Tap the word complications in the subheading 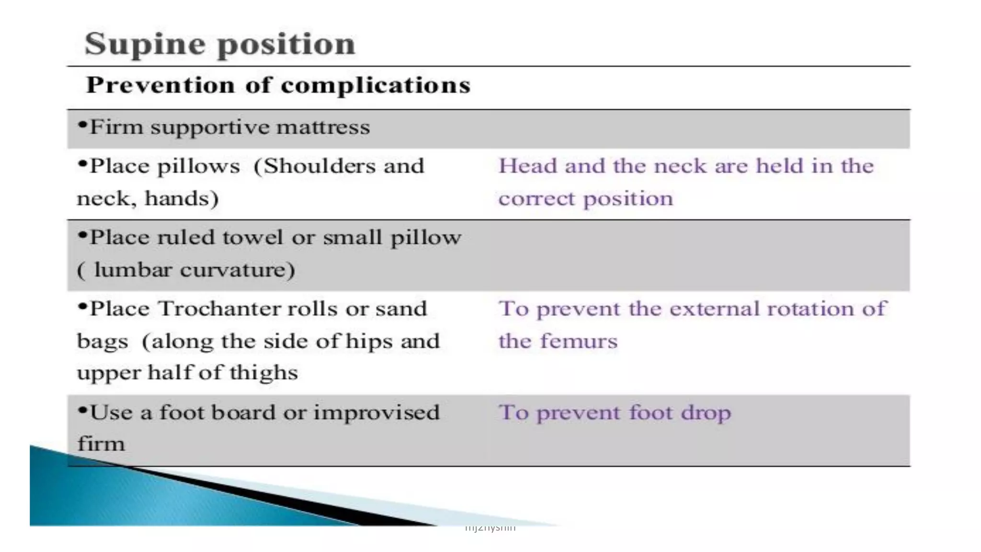376,85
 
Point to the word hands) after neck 182,198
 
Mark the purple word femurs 579,341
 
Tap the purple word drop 706,413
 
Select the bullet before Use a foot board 82,411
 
